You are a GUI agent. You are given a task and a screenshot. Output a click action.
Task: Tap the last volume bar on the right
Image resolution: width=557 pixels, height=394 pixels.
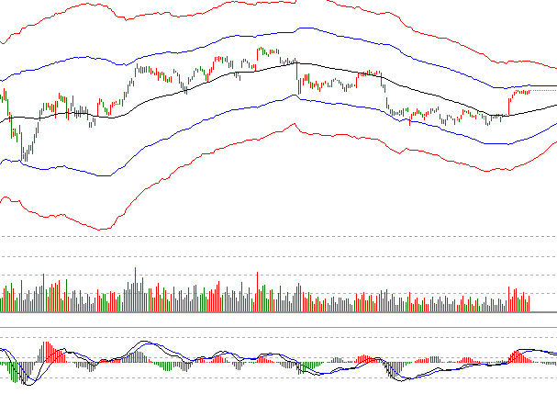530,303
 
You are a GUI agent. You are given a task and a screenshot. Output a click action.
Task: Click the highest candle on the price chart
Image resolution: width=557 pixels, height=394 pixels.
262,51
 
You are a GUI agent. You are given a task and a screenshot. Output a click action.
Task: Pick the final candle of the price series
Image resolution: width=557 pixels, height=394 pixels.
529,91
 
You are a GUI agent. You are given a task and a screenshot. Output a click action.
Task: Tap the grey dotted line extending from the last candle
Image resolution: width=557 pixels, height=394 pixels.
543,91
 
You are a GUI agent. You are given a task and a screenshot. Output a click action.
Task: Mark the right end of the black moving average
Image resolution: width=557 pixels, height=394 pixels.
555,106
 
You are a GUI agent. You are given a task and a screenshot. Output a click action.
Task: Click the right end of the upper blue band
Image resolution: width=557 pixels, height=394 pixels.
555,85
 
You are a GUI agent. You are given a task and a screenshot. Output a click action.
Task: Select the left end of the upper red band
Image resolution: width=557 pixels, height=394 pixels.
2,43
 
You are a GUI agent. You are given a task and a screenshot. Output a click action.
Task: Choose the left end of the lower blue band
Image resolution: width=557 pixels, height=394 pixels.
2,160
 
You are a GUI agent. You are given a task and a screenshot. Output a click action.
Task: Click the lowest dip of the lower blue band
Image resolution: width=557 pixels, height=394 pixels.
108,174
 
